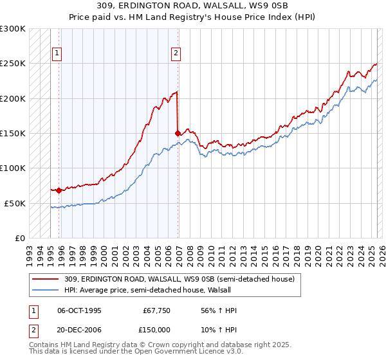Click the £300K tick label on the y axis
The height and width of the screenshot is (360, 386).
click(x=13, y=29)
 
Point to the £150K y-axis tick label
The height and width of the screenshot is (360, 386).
click(x=13, y=133)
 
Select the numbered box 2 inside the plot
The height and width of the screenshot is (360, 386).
click(x=176, y=53)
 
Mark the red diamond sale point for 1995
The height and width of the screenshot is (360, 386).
click(x=59, y=190)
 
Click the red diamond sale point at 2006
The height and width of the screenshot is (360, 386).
click(x=178, y=133)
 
